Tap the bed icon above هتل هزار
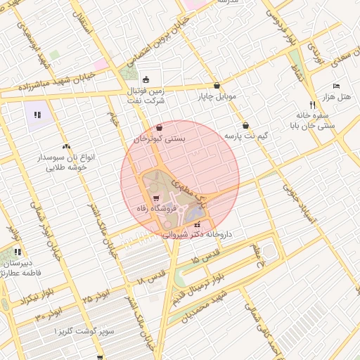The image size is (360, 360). (336, 85)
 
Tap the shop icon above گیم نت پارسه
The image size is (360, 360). (245, 125)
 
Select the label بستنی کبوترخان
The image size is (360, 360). (160, 139)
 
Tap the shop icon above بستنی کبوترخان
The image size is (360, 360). (160, 129)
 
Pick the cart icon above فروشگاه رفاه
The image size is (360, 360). (155, 198)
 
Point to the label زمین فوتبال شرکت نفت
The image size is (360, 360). (145, 96)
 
